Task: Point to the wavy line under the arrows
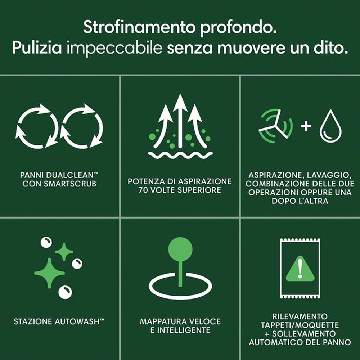[x=180, y=154]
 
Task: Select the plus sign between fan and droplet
[x=306, y=127]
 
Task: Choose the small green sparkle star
[x=64, y=252]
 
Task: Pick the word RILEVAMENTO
[x=300, y=316]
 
